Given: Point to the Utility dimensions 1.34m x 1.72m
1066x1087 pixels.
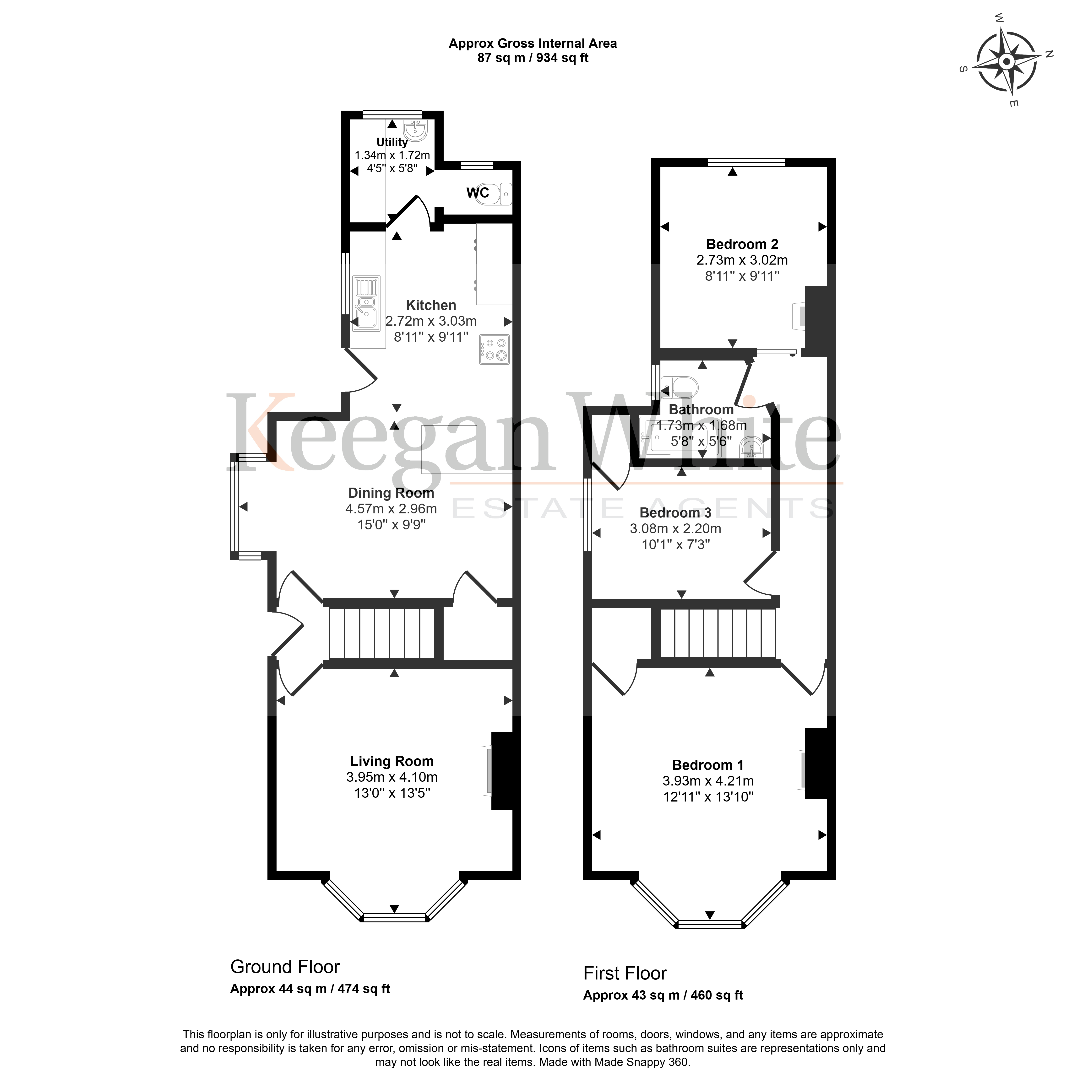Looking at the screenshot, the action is coord(392,155).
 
